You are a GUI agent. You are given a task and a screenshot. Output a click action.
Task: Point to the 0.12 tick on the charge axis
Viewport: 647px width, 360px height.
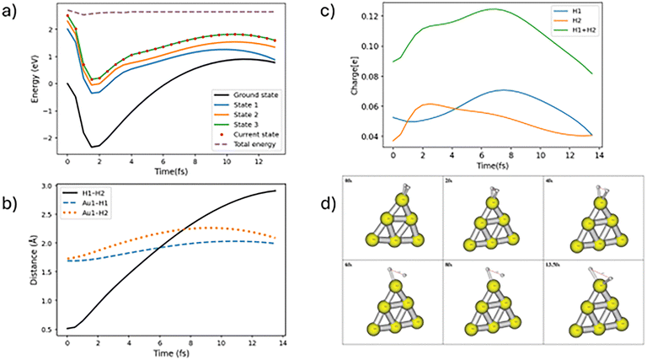pos(374,16)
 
